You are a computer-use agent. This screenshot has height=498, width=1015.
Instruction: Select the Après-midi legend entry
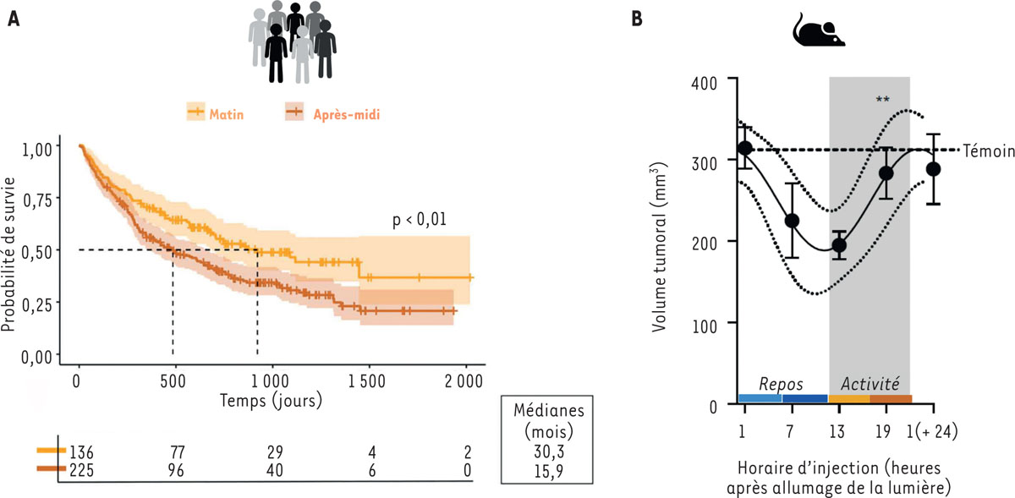[x=344, y=112]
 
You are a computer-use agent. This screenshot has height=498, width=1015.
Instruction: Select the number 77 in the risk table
[x=175, y=452]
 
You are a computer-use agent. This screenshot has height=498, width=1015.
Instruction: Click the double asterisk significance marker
[x=882, y=100]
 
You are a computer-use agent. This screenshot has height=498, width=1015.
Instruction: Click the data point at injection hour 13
[x=838, y=246]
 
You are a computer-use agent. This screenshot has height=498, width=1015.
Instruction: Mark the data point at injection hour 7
[x=792, y=221]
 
